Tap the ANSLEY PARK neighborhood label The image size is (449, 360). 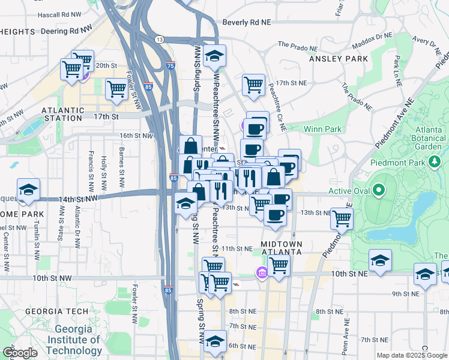point(337,59)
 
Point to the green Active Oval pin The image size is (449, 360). point(378,191)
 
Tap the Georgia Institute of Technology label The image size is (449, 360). point(74,340)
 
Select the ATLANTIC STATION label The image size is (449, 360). point(63,110)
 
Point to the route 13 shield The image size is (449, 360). point(158,40)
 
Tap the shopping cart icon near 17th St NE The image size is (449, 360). point(253,85)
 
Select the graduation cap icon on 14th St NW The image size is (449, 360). point(28,190)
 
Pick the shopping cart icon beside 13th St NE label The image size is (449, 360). point(342,220)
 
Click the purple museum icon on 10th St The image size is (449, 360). point(261,274)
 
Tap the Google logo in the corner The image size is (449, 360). point(20,353)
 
